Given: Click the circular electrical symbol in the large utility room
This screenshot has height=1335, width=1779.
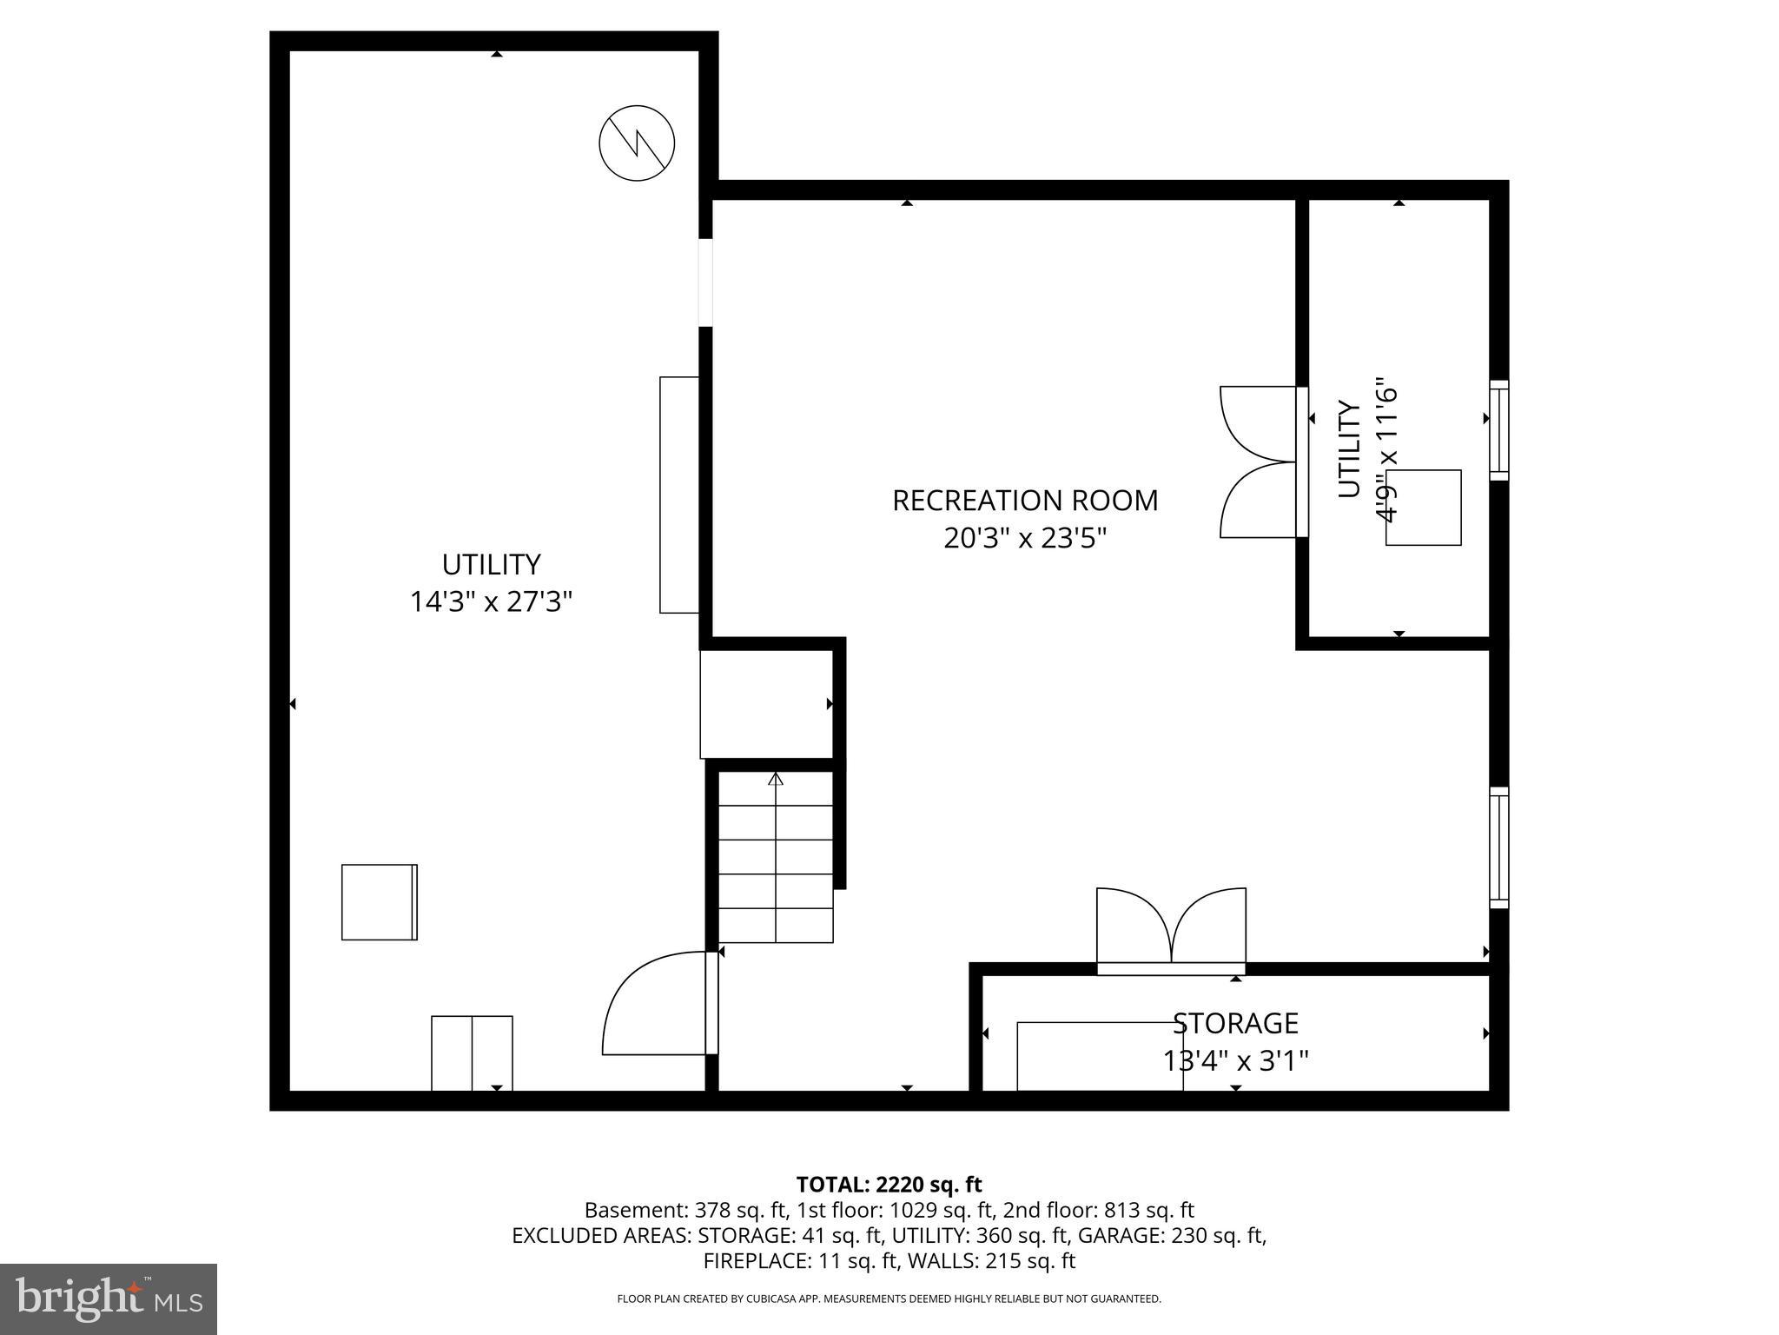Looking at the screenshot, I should click(637, 143).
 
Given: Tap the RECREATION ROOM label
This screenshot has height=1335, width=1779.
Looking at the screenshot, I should click(1025, 501).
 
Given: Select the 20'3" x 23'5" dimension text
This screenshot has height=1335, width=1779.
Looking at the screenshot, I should click(1025, 539).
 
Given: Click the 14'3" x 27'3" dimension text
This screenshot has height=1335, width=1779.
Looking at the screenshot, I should click(491, 601).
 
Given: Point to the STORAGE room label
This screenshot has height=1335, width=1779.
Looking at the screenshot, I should click(1234, 1023).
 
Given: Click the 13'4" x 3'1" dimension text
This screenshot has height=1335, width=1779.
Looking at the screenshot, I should click(1234, 1061).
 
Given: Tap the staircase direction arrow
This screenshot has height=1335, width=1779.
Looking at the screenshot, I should click(776, 780).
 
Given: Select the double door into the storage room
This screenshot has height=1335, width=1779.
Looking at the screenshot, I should click(1171, 928).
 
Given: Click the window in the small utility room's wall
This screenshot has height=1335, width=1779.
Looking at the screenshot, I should click(1498, 430).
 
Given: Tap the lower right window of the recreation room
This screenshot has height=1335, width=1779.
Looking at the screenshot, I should click(1498, 847).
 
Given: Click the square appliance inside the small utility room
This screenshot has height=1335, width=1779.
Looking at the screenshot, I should click(1423, 508).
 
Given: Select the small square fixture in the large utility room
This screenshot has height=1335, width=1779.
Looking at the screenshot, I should click(380, 902).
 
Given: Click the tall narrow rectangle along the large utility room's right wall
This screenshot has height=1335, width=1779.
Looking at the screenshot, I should click(679, 495).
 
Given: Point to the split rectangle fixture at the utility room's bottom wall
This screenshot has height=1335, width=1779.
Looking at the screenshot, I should click(472, 1053).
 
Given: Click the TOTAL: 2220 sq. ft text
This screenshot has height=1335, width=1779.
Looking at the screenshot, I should click(889, 1184).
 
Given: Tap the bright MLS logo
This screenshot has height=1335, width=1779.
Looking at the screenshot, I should click(109, 1298).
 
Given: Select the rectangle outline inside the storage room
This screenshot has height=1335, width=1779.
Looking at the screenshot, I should click(1099, 1056).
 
